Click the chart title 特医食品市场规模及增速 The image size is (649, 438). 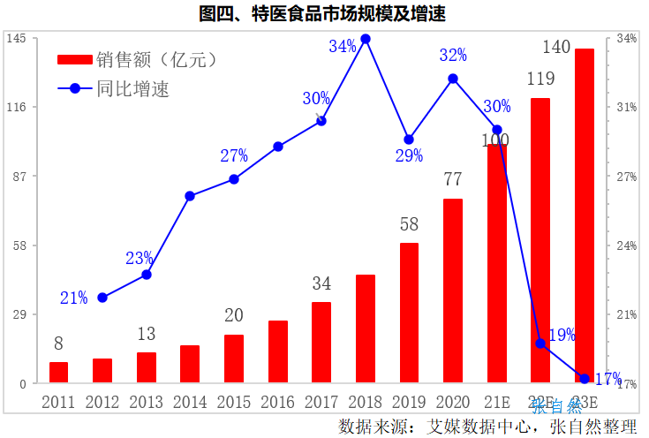pos(324,13)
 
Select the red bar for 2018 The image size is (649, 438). pos(366,328)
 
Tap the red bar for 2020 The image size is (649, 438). pos(453,291)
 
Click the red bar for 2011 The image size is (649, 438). pos(59,372)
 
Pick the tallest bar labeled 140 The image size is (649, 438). pos(584,215)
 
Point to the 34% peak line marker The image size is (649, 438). pos(366,39)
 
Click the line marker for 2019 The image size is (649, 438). pos(409,140)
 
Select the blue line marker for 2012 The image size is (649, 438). pos(102,298)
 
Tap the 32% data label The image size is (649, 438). pos(453,56)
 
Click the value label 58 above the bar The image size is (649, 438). pos(409,225)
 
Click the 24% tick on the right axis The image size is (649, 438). pos(626,245)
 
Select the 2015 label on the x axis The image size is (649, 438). pos(233,403)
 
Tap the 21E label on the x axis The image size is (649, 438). pos(496,403)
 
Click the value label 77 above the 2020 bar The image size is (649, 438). pos(453,179)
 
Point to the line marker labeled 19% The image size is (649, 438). pos(540,344)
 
